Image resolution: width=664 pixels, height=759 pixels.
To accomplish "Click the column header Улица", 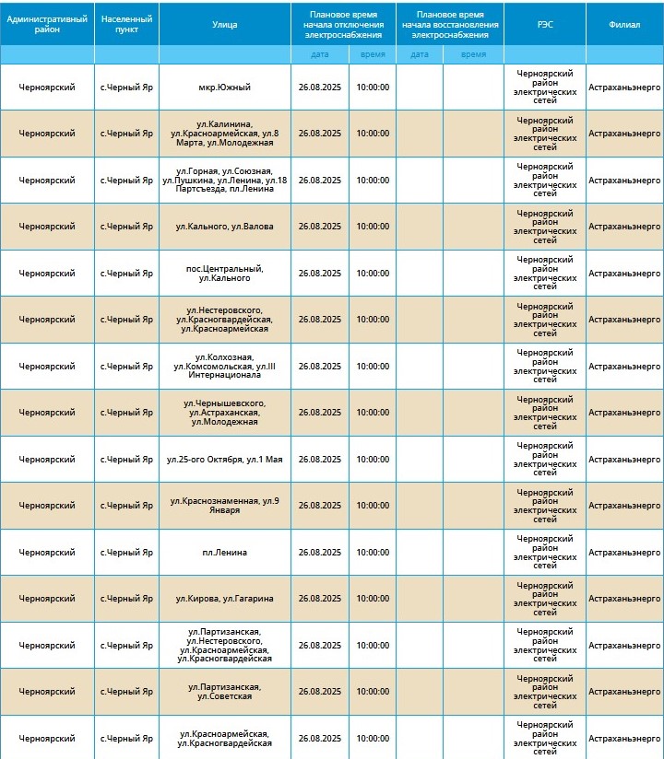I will point(225,25).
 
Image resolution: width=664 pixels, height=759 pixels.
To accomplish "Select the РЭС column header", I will point(544,25).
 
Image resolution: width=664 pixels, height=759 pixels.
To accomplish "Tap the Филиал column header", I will point(624,25).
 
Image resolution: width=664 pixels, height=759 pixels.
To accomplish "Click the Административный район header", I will point(47,25).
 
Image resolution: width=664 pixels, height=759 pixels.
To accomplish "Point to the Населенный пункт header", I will point(126,25).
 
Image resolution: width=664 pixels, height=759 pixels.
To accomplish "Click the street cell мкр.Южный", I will point(225,88).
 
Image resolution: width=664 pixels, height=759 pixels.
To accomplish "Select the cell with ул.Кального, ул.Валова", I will point(225,227).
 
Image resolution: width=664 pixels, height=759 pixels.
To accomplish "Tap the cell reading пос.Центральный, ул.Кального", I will point(225,273).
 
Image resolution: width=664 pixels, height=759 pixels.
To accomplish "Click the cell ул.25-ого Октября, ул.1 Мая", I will point(225,459).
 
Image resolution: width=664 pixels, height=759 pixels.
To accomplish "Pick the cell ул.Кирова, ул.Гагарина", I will point(225,599).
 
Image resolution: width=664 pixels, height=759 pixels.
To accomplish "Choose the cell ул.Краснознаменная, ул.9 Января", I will point(225,506).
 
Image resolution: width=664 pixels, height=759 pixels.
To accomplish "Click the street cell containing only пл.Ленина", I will point(225,553).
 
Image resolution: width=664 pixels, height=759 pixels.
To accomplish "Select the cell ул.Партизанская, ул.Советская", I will point(225,692).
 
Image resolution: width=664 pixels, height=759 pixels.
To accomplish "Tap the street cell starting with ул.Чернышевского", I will point(225,413).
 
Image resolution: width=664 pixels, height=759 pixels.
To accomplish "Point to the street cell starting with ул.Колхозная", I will point(225,367).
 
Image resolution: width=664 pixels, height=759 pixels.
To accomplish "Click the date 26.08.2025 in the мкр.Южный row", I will point(320,88).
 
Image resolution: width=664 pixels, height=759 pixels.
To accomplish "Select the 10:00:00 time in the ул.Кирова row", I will point(373,599).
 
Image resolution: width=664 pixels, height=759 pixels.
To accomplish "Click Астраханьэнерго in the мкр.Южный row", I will point(624,88).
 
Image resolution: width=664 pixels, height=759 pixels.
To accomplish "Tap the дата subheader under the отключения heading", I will point(320,54).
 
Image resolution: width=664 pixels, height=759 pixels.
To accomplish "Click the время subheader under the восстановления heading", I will point(473,54).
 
